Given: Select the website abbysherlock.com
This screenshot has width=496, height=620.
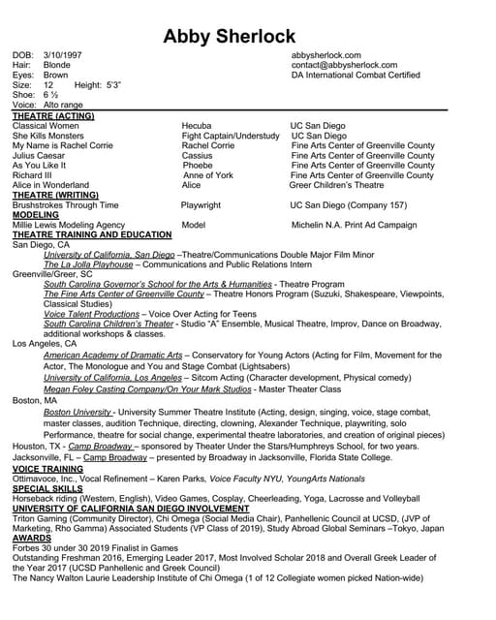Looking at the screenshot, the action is [x=325, y=56].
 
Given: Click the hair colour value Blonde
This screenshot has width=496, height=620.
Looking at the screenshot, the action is [x=57, y=66].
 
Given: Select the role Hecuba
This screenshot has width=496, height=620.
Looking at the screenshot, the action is [x=198, y=126].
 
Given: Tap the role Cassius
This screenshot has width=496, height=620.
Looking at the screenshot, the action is [x=197, y=156].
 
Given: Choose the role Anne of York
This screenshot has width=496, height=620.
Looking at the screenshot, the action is [x=207, y=175].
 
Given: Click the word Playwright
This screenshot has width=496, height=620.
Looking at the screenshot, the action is [x=201, y=205].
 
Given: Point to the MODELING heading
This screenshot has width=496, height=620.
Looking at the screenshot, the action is [x=36, y=215].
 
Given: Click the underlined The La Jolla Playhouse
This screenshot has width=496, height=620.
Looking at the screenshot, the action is [x=88, y=263].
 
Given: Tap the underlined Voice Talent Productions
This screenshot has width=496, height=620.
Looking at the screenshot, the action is [x=92, y=314].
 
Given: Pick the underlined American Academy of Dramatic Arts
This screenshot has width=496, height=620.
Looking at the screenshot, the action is [x=113, y=356].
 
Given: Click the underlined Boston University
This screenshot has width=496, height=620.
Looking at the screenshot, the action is [x=77, y=412].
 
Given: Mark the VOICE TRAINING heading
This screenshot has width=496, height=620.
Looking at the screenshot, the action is [x=46, y=469].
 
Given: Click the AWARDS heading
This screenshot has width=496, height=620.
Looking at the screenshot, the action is [x=31, y=540].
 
